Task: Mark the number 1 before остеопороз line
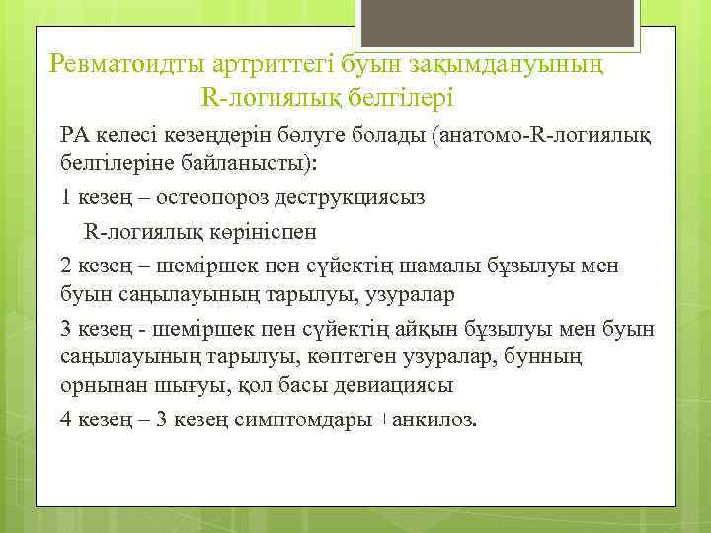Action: [66, 196]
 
